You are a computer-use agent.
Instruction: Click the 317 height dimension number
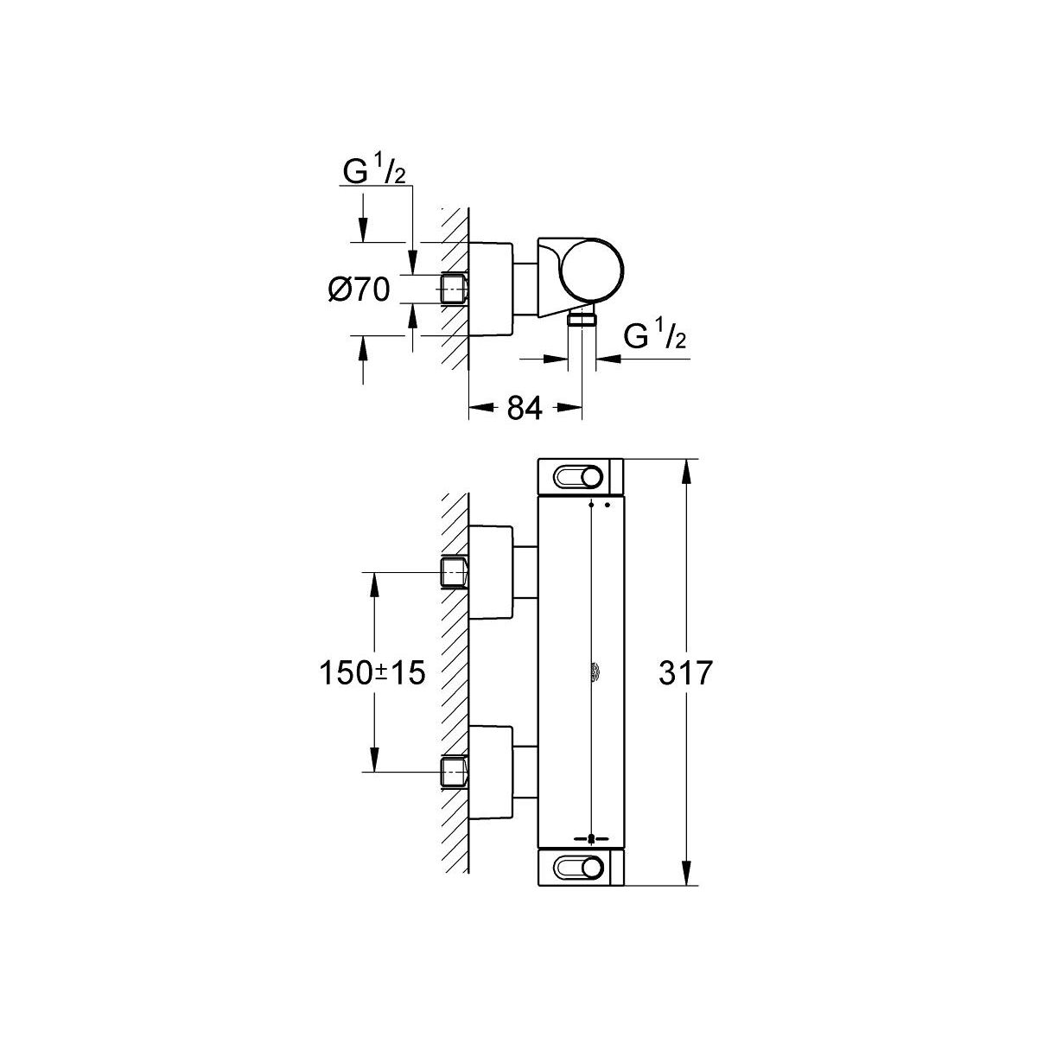pyautogui.click(x=685, y=672)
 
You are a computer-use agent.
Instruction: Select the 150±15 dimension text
pyautogui.click(x=372, y=672)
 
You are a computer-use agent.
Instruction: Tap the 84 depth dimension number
pyautogui.click(x=525, y=409)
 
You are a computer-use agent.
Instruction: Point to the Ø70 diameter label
pyautogui.click(x=359, y=290)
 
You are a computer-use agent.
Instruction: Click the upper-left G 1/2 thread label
pyautogui.click(x=374, y=169)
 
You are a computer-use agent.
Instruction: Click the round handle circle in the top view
pyautogui.click(x=591, y=269)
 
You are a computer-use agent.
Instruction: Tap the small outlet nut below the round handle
pyautogui.click(x=582, y=320)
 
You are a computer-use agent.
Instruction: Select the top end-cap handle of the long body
pyautogui.click(x=581, y=477)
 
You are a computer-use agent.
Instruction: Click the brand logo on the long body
pyautogui.click(x=596, y=673)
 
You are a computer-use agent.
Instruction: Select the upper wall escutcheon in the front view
pyautogui.click(x=492, y=572)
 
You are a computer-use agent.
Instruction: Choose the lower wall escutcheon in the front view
pyautogui.click(x=492, y=773)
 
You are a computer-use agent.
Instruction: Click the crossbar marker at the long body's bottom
pyautogui.click(x=591, y=838)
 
